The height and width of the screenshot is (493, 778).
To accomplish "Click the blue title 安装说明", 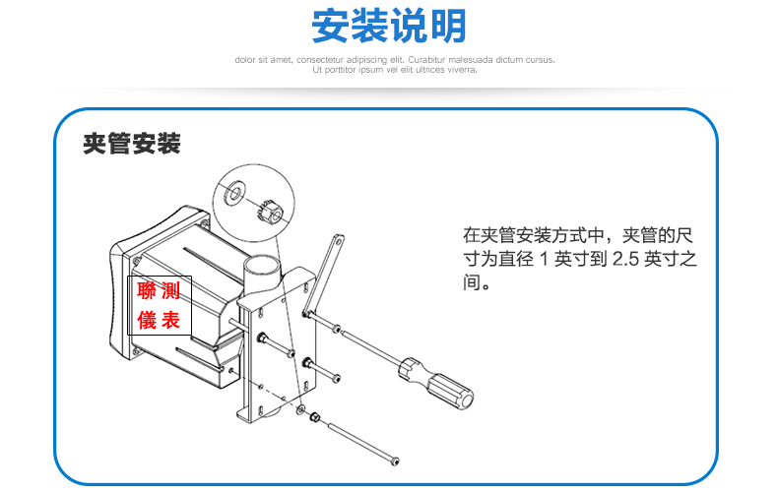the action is [388, 26].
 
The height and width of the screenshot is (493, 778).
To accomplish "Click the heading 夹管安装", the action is [132, 144].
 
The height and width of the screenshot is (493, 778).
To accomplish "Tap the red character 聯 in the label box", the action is [147, 290].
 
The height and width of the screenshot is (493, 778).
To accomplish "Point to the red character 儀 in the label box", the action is [147, 320].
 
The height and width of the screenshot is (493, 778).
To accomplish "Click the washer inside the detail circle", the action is [234, 192].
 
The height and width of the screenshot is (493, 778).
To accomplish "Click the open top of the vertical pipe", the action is [262, 262].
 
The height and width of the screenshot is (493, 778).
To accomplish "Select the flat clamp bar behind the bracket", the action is [323, 274].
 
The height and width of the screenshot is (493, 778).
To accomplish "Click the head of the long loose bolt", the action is [395, 461].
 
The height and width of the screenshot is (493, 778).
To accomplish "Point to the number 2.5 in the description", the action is [625, 259].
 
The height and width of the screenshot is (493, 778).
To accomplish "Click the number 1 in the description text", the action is [544, 259].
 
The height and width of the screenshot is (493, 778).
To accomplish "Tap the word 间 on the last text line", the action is [472, 282].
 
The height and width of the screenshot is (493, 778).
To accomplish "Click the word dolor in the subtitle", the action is [244, 60].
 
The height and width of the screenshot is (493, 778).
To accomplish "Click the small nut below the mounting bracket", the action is [314, 416].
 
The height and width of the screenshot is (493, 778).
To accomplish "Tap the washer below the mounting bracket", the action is [300, 409].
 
